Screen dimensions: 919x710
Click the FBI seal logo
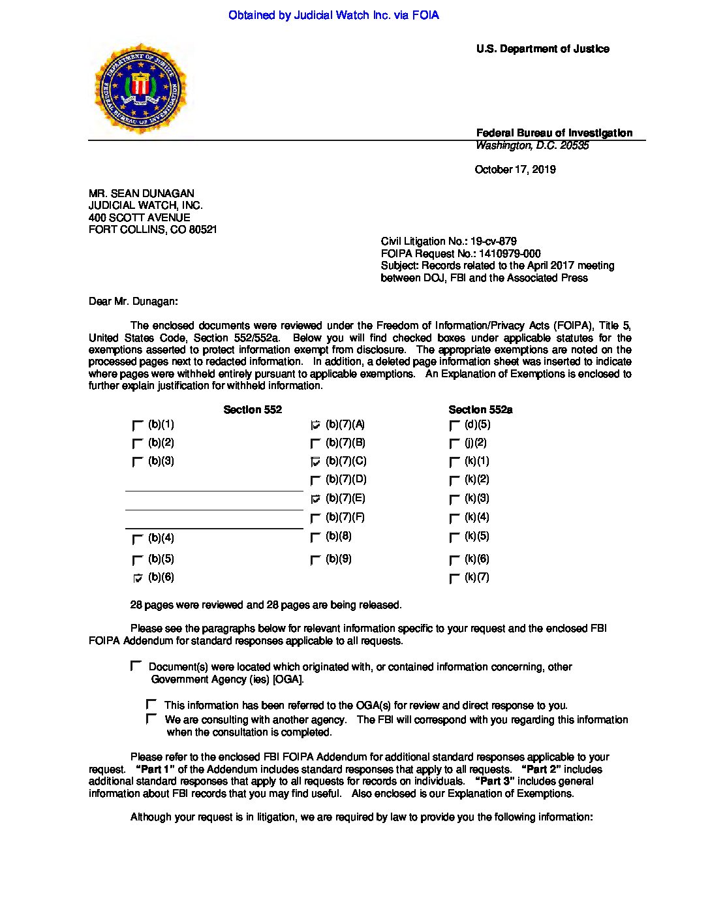click(x=140, y=89)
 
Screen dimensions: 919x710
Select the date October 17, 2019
click(x=515, y=170)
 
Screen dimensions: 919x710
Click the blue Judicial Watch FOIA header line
click(x=333, y=15)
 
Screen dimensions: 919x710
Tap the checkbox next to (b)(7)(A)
click(x=316, y=426)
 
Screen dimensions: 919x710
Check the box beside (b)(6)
click(x=138, y=578)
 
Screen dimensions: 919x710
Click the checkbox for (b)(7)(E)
click(x=316, y=499)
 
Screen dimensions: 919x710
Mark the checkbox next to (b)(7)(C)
click(x=316, y=462)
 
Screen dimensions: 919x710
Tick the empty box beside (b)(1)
click(x=138, y=426)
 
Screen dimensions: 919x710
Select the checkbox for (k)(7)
click(x=455, y=578)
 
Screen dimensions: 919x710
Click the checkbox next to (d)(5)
click(x=455, y=426)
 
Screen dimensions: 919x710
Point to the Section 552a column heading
click(x=480, y=410)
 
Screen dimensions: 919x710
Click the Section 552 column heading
click(x=253, y=410)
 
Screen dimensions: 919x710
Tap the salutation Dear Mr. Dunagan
click(x=133, y=302)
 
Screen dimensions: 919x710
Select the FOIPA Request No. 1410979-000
click(x=461, y=254)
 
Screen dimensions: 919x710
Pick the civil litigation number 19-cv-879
click(x=448, y=241)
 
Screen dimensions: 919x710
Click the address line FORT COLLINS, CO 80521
click(x=153, y=230)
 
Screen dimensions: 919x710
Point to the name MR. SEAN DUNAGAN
click(x=141, y=194)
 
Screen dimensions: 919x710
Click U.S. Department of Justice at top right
click(x=542, y=49)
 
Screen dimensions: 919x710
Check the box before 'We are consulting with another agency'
click(x=151, y=719)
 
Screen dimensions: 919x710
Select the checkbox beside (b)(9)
click(x=316, y=560)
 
